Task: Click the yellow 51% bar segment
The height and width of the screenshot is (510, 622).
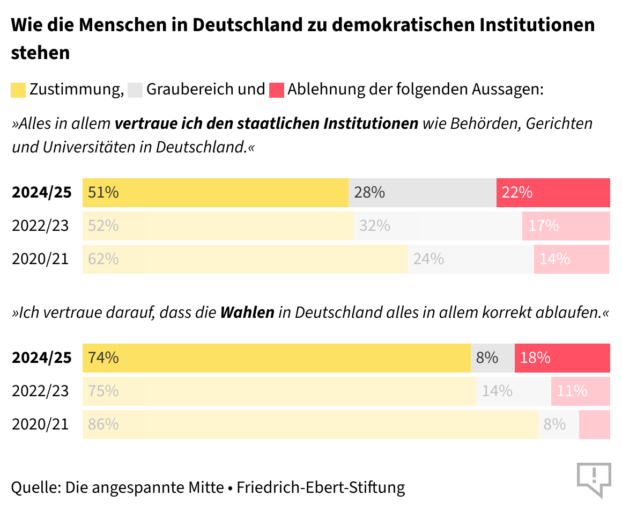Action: pyautogui.click(x=215, y=193)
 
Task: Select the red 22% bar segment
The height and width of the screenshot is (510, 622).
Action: pyautogui.click(x=553, y=193)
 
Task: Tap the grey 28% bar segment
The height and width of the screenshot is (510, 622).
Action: pyautogui.click(x=422, y=193)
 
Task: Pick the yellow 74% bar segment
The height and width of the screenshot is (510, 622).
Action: pyautogui.click(x=276, y=358)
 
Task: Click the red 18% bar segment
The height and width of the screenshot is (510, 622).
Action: pyautogui.click(x=562, y=358)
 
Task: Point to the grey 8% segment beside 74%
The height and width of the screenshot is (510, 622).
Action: pyautogui.click(x=492, y=358)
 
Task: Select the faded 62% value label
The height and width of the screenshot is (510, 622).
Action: pyautogui.click(x=103, y=259)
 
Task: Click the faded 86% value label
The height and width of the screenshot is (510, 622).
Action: pyautogui.click(x=103, y=425)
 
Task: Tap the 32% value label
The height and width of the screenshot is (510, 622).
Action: pyautogui.click(x=375, y=226)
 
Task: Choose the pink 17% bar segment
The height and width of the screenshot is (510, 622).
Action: pyautogui.click(x=566, y=226)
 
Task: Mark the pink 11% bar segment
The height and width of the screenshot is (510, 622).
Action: pyautogui.click(x=580, y=391)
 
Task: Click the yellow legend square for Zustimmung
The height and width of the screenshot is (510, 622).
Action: pyautogui.click(x=19, y=90)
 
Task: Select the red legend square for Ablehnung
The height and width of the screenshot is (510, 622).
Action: pyautogui.click(x=277, y=90)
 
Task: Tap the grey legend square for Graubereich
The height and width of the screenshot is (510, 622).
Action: pyautogui.click(x=136, y=90)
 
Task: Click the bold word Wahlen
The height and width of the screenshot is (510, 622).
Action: pyautogui.click(x=247, y=312)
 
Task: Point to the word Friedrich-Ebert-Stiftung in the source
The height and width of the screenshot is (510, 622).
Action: pyautogui.click(x=321, y=487)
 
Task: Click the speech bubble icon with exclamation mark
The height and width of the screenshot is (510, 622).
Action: pyautogui.click(x=594, y=478)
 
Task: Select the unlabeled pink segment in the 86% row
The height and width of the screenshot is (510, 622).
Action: pyautogui.click(x=594, y=425)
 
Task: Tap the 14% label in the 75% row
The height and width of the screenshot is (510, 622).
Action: pyautogui.click(x=497, y=391)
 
